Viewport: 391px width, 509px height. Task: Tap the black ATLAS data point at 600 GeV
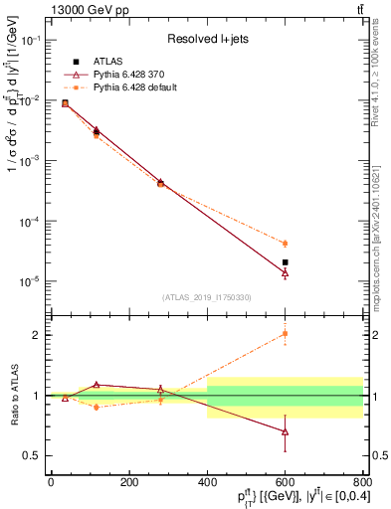click(286, 262)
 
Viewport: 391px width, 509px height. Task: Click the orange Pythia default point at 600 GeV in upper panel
click(286, 244)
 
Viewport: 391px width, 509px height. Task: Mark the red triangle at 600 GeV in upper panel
click(286, 272)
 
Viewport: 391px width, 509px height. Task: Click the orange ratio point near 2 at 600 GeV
click(286, 334)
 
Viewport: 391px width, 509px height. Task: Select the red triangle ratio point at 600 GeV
click(286, 431)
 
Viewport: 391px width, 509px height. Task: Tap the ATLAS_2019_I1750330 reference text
click(207, 297)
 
